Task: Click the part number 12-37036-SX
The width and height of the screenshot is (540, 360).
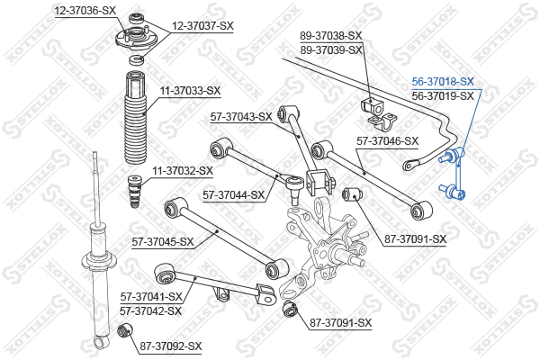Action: (85, 11)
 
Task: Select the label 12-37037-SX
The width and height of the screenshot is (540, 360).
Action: (202, 26)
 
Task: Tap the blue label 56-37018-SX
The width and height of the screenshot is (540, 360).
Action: (443, 82)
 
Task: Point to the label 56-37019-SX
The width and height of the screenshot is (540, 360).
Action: (443, 95)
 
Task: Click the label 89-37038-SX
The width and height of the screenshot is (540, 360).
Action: (331, 35)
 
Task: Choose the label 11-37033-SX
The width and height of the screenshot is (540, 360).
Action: (190, 91)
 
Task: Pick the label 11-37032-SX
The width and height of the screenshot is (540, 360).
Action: (183, 170)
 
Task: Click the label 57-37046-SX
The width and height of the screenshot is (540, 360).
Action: (387, 141)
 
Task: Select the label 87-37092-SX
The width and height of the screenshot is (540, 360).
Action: (171, 346)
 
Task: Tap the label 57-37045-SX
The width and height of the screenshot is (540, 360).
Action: (163, 242)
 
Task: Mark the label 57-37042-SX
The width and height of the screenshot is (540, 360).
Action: (150, 311)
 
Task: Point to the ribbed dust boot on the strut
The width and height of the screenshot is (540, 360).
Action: (135, 117)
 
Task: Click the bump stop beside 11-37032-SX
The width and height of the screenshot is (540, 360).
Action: (134, 192)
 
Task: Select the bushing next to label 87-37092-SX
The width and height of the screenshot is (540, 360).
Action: (125, 331)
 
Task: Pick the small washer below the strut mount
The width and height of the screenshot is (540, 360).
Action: (137, 59)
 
